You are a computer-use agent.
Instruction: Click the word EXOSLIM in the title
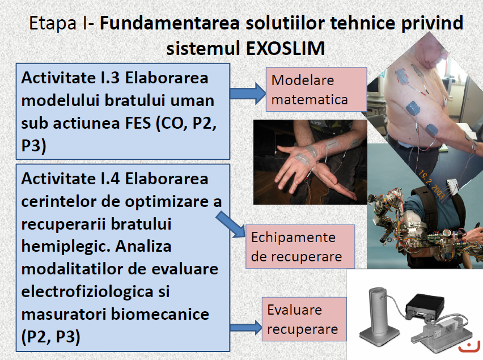coord(286,48)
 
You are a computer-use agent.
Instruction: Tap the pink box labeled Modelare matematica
coord(316,90)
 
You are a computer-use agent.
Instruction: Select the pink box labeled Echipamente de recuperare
coord(300,247)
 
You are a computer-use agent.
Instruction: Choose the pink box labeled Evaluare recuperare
coord(304,319)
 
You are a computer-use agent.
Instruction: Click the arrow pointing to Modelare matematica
coord(248,93)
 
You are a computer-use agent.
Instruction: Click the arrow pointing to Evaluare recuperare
coord(246,327)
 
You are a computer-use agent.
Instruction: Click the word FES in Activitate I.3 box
coord(138,123)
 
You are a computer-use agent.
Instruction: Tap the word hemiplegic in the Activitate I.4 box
coord(66,247)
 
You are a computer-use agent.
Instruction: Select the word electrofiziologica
coord(87,291)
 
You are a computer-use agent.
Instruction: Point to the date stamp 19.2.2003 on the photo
coord(431,186)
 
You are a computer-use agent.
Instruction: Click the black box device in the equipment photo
coord(425,305)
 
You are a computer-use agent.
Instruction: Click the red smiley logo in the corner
coord(469,346)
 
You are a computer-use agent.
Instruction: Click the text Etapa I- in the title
coord(62,23)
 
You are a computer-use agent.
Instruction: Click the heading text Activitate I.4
coord(70,179)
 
